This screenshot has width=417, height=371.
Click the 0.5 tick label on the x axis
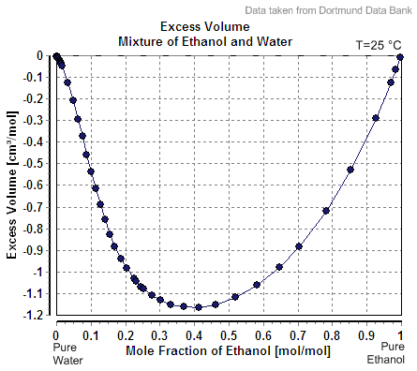tap(229, 333)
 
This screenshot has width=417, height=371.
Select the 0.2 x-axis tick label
tap(126, 333)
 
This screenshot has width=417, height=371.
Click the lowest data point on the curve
tap(199, 307)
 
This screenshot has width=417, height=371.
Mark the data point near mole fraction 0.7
tap(299, 246)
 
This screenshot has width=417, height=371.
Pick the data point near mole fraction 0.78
tap(326, 211)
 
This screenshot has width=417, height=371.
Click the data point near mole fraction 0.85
tap(350, 170)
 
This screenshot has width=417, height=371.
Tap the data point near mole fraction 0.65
tap(279, 267)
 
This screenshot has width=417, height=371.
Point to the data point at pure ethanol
tap(400, 56)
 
